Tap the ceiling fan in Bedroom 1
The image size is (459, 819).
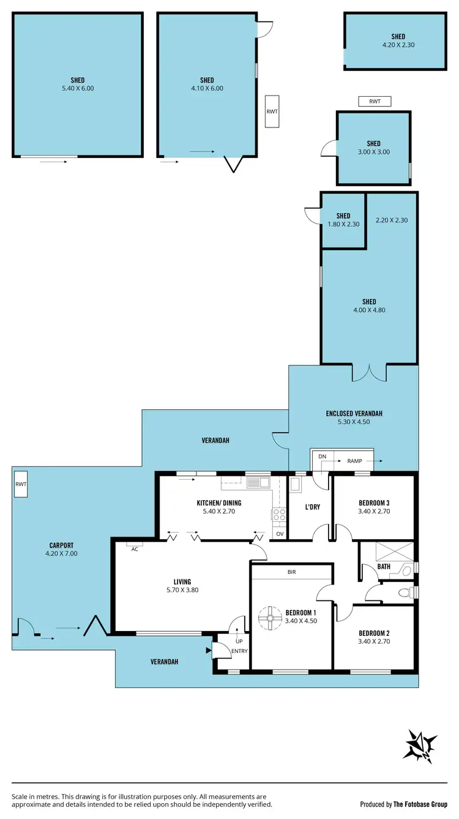[267, 619]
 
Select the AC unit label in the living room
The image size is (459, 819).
[134, 549]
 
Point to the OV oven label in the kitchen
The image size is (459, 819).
[280, 534]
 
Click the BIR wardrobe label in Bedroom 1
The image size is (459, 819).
[292, 572]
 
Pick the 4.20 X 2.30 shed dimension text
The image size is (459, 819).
[398, 45]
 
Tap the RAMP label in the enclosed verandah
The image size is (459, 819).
[355, 461]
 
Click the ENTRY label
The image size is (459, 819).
[240, 651]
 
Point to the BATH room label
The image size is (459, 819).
[384, 567]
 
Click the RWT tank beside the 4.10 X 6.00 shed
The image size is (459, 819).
[272, 111]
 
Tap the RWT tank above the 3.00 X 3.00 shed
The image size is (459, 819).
[375, 102]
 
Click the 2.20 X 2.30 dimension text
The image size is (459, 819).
[392, 220]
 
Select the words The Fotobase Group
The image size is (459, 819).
[420, 804]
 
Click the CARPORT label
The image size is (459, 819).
[62, 545]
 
